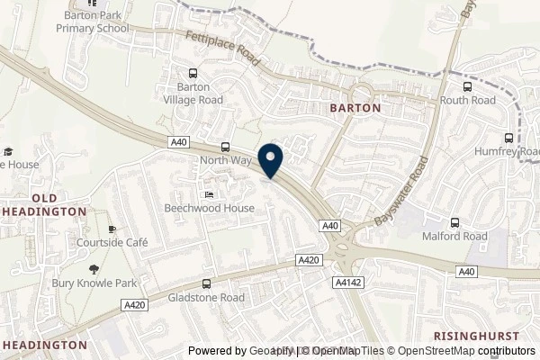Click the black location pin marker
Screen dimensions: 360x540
tap(271, 161)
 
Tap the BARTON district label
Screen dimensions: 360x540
tap(355, 107)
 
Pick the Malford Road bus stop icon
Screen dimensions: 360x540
tap(455, 221)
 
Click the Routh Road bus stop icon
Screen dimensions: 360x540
tap(467, 87)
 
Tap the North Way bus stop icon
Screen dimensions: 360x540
tap(225, 148)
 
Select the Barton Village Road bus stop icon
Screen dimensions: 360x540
tap(192, 74)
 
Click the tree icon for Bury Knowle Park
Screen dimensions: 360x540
tap(93, 269)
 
